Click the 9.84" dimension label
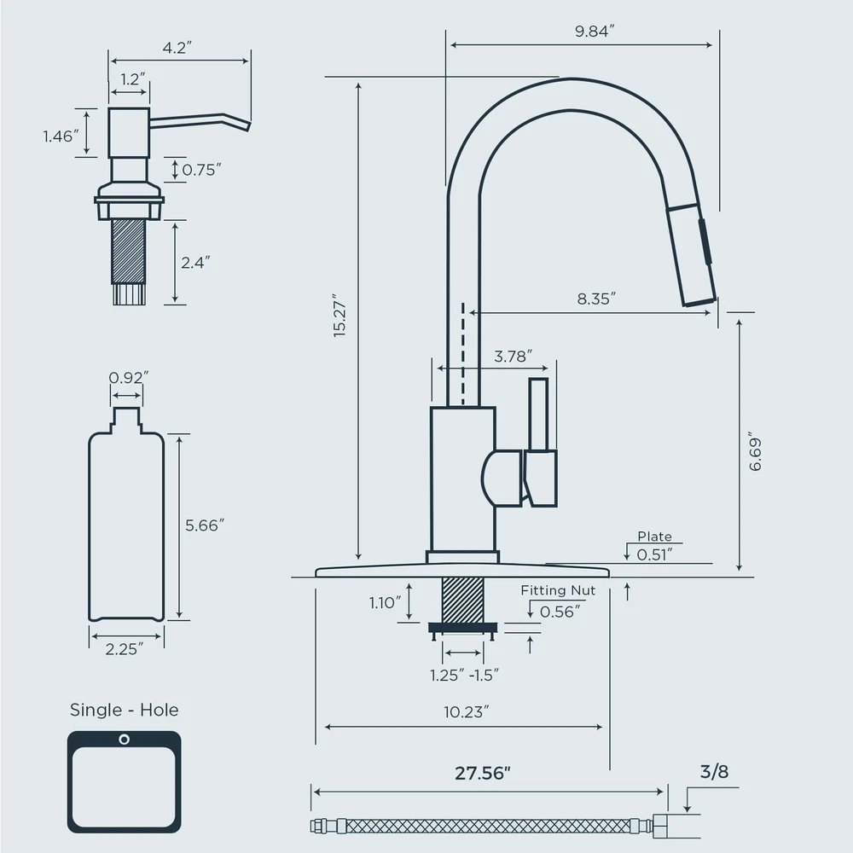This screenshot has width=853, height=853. (595, 31)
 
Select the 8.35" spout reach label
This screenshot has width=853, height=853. (596, 299)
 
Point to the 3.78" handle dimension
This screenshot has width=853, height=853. (513, 357)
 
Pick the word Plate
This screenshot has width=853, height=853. (654, 537)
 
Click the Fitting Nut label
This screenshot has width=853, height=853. (558, 590)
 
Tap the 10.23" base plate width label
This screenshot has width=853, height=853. (467, 712)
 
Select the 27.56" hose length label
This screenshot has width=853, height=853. (483, 773)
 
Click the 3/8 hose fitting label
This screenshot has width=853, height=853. (714, 771)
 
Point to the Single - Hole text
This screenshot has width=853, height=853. (124, 710)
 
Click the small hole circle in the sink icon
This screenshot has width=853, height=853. (124, 740)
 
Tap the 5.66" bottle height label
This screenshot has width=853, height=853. (205, 525)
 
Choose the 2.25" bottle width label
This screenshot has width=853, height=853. (125, 649)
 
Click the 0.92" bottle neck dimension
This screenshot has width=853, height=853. (129, 378)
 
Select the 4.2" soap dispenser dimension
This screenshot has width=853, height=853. (177, 48)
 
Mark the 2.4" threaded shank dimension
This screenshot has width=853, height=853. (195, 263)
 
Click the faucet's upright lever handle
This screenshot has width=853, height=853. (538, 415)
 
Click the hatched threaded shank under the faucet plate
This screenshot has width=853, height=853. (463, 600)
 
